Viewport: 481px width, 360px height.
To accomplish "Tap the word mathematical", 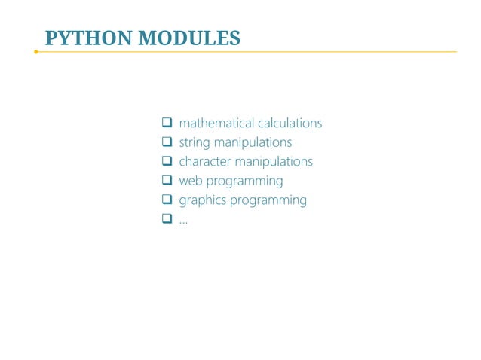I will [216, 123].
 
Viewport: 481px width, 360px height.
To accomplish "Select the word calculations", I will [290, 123].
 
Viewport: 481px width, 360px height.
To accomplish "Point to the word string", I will [194, 142].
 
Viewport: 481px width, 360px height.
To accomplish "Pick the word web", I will [191, 182].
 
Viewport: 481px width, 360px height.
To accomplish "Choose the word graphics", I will [202, 201].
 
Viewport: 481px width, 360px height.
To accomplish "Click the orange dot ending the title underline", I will [35, 52].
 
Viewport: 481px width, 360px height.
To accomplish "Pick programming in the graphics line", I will [268, 201].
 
